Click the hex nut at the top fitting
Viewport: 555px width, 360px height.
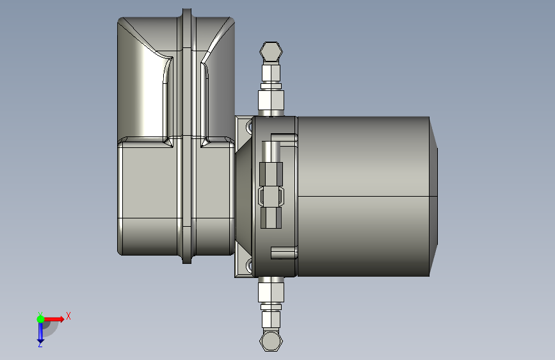tap(271, 52)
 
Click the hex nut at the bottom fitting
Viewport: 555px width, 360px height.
tap(271, 341)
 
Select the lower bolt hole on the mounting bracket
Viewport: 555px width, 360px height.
tap(249, 265)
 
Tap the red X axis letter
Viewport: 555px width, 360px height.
tap(68, 316)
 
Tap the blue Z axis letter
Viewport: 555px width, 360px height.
tap(40, 344)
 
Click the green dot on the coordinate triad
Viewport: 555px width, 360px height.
tap(40, 319)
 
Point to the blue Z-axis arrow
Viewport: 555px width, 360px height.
tap(40, 332)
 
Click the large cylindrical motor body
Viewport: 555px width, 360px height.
tap(362, 195)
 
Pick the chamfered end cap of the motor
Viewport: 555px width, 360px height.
tap(433, 195)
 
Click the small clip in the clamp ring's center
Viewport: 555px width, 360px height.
tap(271, 196)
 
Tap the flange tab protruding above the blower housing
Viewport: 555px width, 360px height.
tap(186, 13)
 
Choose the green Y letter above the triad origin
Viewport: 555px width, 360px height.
tap(40, 313)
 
